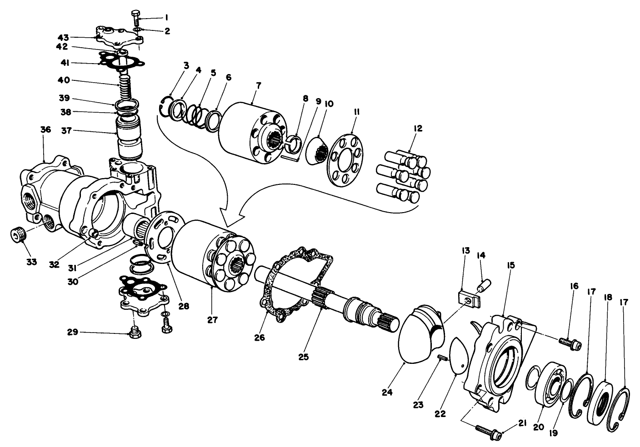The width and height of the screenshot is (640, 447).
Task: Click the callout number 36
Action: tap(45, 130)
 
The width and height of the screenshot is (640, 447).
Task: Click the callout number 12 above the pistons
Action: tap(418, 129)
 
